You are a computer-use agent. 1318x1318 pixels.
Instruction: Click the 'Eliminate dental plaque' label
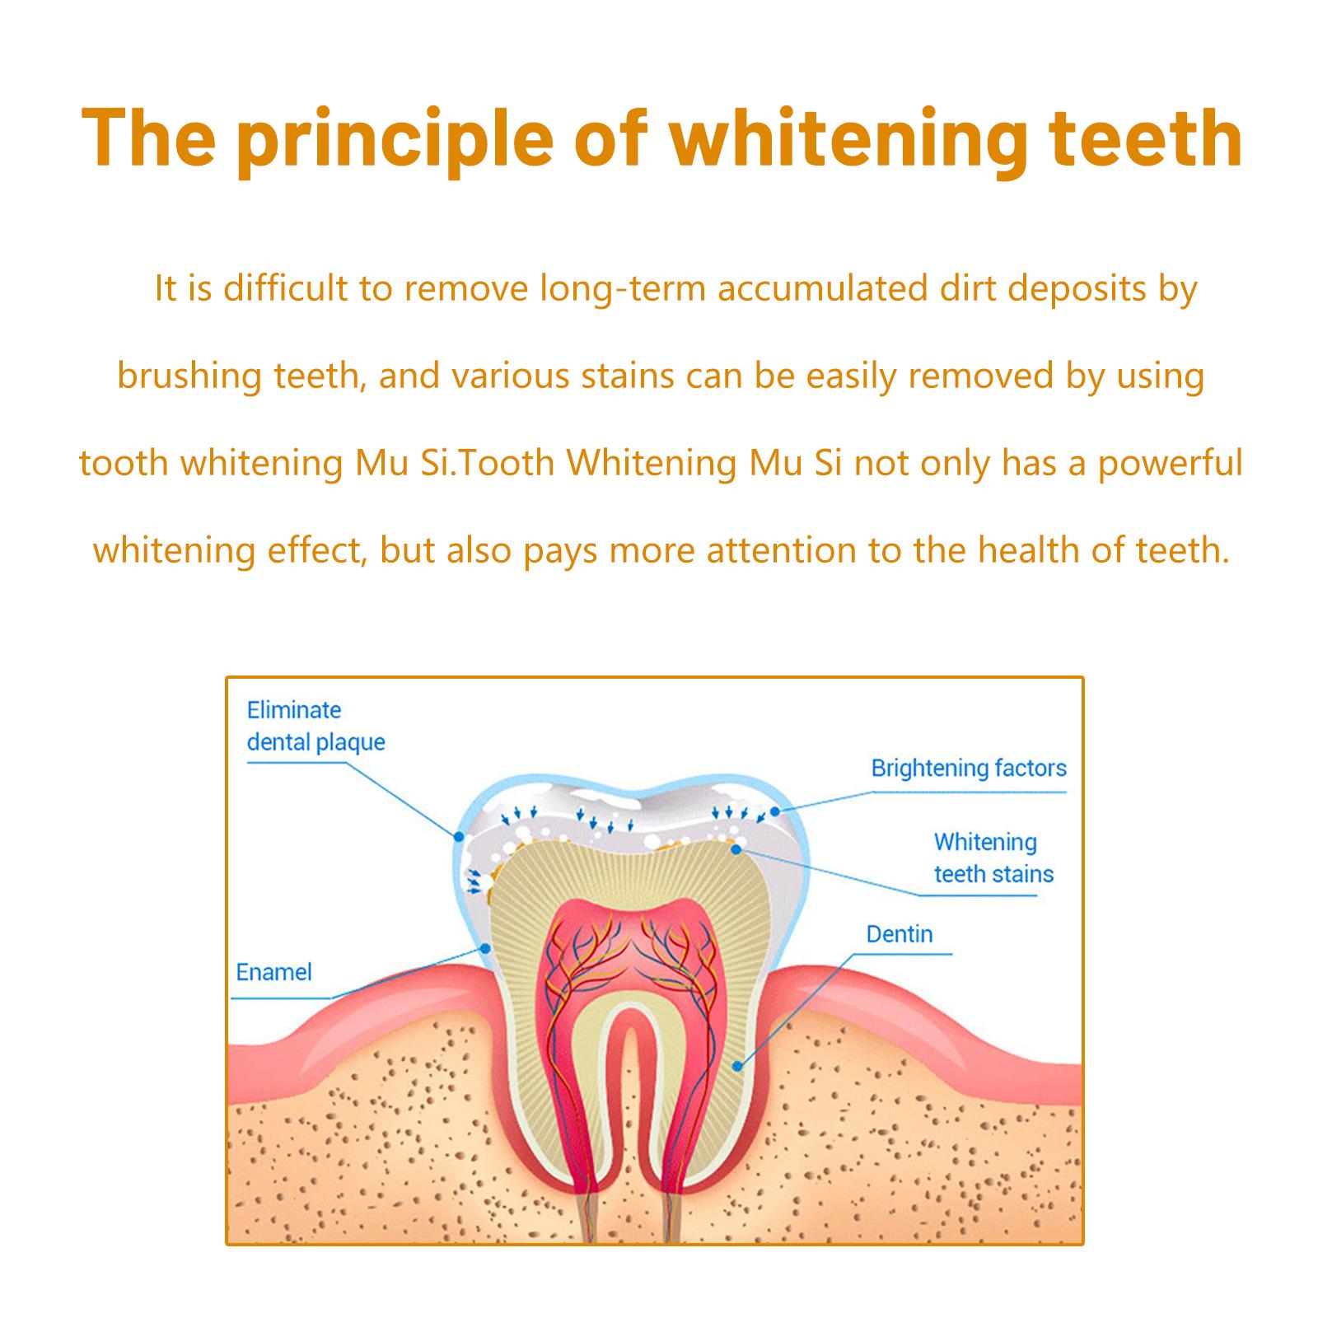click(x=316, y=726)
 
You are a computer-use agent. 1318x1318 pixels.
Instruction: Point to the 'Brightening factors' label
click(x=969, y=769)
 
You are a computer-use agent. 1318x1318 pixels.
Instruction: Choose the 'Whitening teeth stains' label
click(x=993, y=858)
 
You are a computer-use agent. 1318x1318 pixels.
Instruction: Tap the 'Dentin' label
click(x=900, y=934)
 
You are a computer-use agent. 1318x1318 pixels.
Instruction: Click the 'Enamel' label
click(x=273, y=972)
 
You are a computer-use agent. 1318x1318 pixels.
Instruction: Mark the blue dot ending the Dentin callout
click(x=737, y=1066)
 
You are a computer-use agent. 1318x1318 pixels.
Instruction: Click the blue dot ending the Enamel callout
click(x=486, y=949)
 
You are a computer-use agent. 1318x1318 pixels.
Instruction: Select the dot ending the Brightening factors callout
click(x=775, y=811)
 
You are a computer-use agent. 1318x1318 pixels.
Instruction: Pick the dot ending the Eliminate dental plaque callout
click(x=458, y=836)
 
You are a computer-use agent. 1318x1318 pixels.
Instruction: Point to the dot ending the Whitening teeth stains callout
click(x=736, y=847)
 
